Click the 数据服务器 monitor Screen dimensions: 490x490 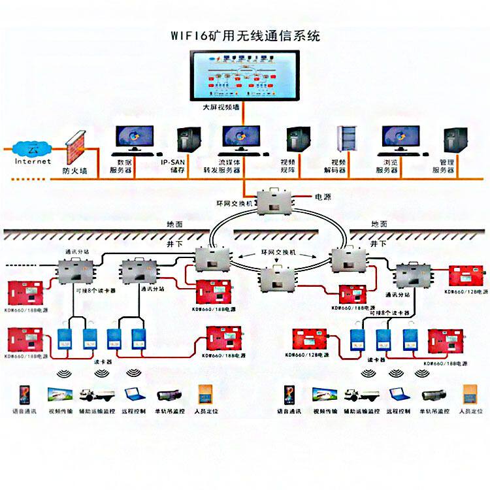pos(134,139)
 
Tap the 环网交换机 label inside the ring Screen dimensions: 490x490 pos(276,252)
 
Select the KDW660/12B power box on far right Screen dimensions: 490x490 pos(465,277)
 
